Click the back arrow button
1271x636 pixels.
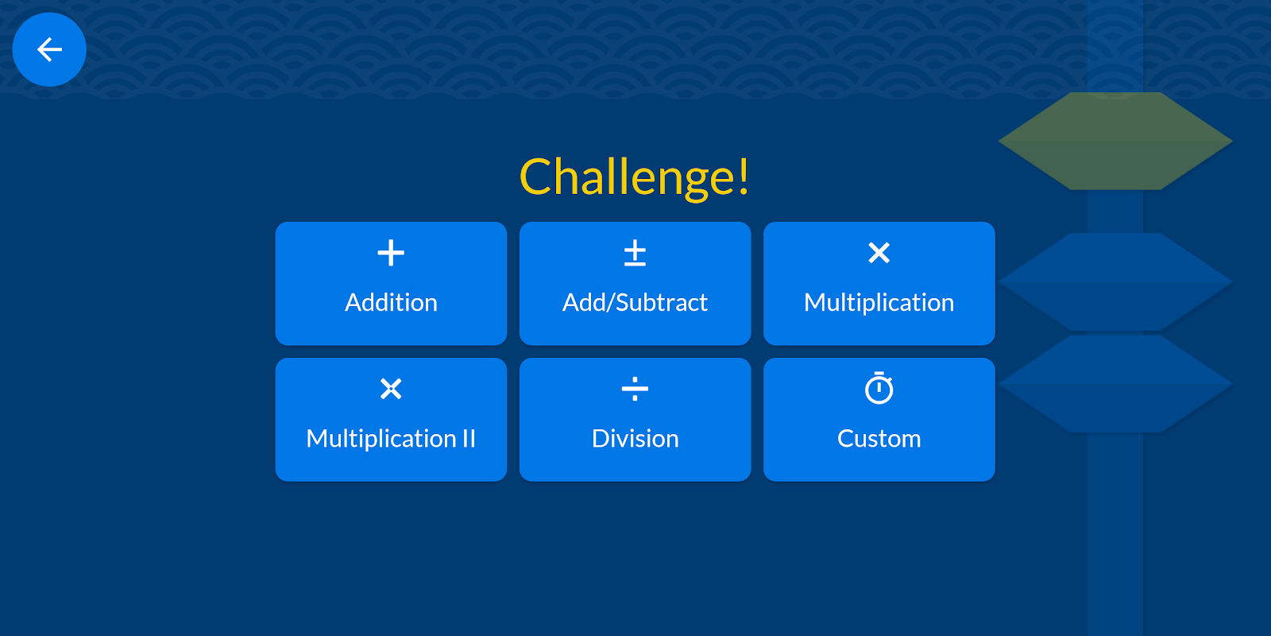pos(49,49)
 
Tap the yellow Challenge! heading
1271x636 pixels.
pos(635,177)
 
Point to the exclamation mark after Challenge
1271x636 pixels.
pos(744,176)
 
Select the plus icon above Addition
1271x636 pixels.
pos(391,253)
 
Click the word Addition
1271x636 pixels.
pos(391,302)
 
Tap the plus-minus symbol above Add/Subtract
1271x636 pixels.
pos(635,253)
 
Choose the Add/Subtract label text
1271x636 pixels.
pos(635,303)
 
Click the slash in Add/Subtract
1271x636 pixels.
pos(611,303)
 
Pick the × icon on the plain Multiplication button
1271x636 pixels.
pos(879,253)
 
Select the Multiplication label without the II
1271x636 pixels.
pos(879,303)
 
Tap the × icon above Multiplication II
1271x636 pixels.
pos(391,389)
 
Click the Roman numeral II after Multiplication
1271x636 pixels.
pos(469,438)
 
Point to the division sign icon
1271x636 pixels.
pos(635,389)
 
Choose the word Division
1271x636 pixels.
pos(635,438)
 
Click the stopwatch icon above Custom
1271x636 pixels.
pos(879,388)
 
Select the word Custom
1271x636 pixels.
pos(879,438)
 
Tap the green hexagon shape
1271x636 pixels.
pos(1115,141)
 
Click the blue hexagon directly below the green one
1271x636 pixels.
pos(1115,281)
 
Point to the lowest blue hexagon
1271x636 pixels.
pos(1115,384)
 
